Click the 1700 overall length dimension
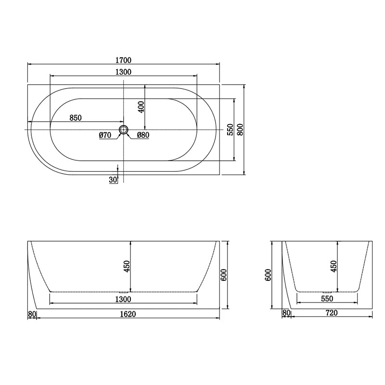(124, 60)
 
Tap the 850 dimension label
(75, 117)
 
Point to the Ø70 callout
(105, 136)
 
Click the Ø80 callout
(143, 136)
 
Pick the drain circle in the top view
(124, 129)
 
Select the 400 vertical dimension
(141, 107)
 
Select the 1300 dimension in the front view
(124, 299)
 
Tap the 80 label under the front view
(32, 314)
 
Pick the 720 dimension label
(331, 313)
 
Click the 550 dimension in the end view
(327, 298)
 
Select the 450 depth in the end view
(333, 266)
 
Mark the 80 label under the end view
(286, 313)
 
